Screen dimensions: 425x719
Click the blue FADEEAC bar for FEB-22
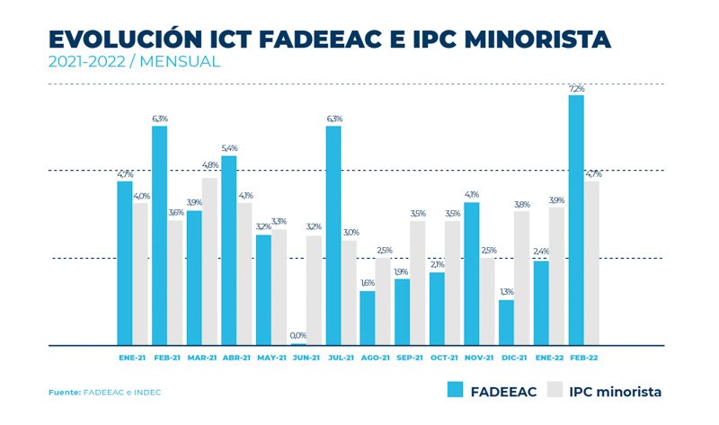pyautogui.click(x=576, y=220)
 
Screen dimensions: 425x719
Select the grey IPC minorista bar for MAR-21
pyautogui.click(x=209, y=261)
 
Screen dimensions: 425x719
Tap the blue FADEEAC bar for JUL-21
pyautogui.click(x=333, y=235)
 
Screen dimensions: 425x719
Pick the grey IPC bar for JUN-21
pyautogui.click(x=314, y=290)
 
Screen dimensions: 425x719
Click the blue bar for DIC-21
pyautogui.click(x=507, y=323)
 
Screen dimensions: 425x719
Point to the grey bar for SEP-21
pyautogui.click(x=418, y=283)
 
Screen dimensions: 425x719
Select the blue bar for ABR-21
pyautogui.click(x=229, y=251)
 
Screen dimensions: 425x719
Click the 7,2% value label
pyautogui.click(x=576, y=89)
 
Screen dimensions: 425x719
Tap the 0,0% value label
pyautogui.click(x=298, y=336)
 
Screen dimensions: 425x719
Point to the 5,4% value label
pyautogui.click(x=229, y=148)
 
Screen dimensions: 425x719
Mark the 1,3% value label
pyautogui.click(x=507, y=292)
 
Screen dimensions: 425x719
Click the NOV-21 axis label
pyautogui.click(x=480, y=358)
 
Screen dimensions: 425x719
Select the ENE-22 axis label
pyautogui.click(x=549, y=358)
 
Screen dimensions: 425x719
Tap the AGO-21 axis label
pyautogui.click(x=376, y=358)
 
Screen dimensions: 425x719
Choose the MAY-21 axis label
pyautogui.click(x=271, y=358)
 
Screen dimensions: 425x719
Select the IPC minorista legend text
pyautogui.click(x=617, y=391)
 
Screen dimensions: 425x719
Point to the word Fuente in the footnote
pyautogui.click(x=64, y=393)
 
